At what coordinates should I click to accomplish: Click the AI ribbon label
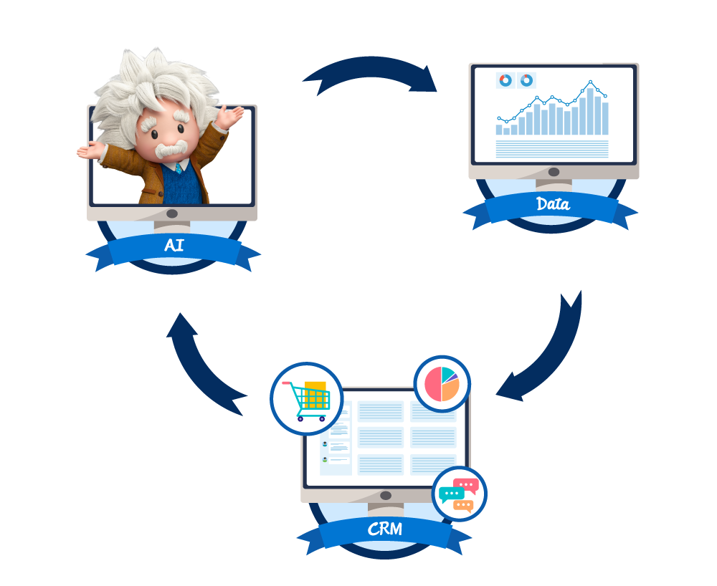pyautogui.click(x=174, y=245)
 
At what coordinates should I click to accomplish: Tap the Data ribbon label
pyautogui.click(x=553, y=204)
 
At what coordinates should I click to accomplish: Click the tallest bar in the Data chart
pyautogui.click(x=590, y=111)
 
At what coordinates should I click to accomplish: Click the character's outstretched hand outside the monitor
pyautogui.click(x=89, y=150)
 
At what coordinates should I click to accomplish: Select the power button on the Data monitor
pyautogui.click(x=554, y=172)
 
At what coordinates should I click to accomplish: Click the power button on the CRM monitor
pyautogui.click(x=386, y=495)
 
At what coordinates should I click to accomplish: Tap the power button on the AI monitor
pyautogui.click(x=172, y=213)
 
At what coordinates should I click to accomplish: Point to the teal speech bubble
pyautogui.click(x=451, y=494)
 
